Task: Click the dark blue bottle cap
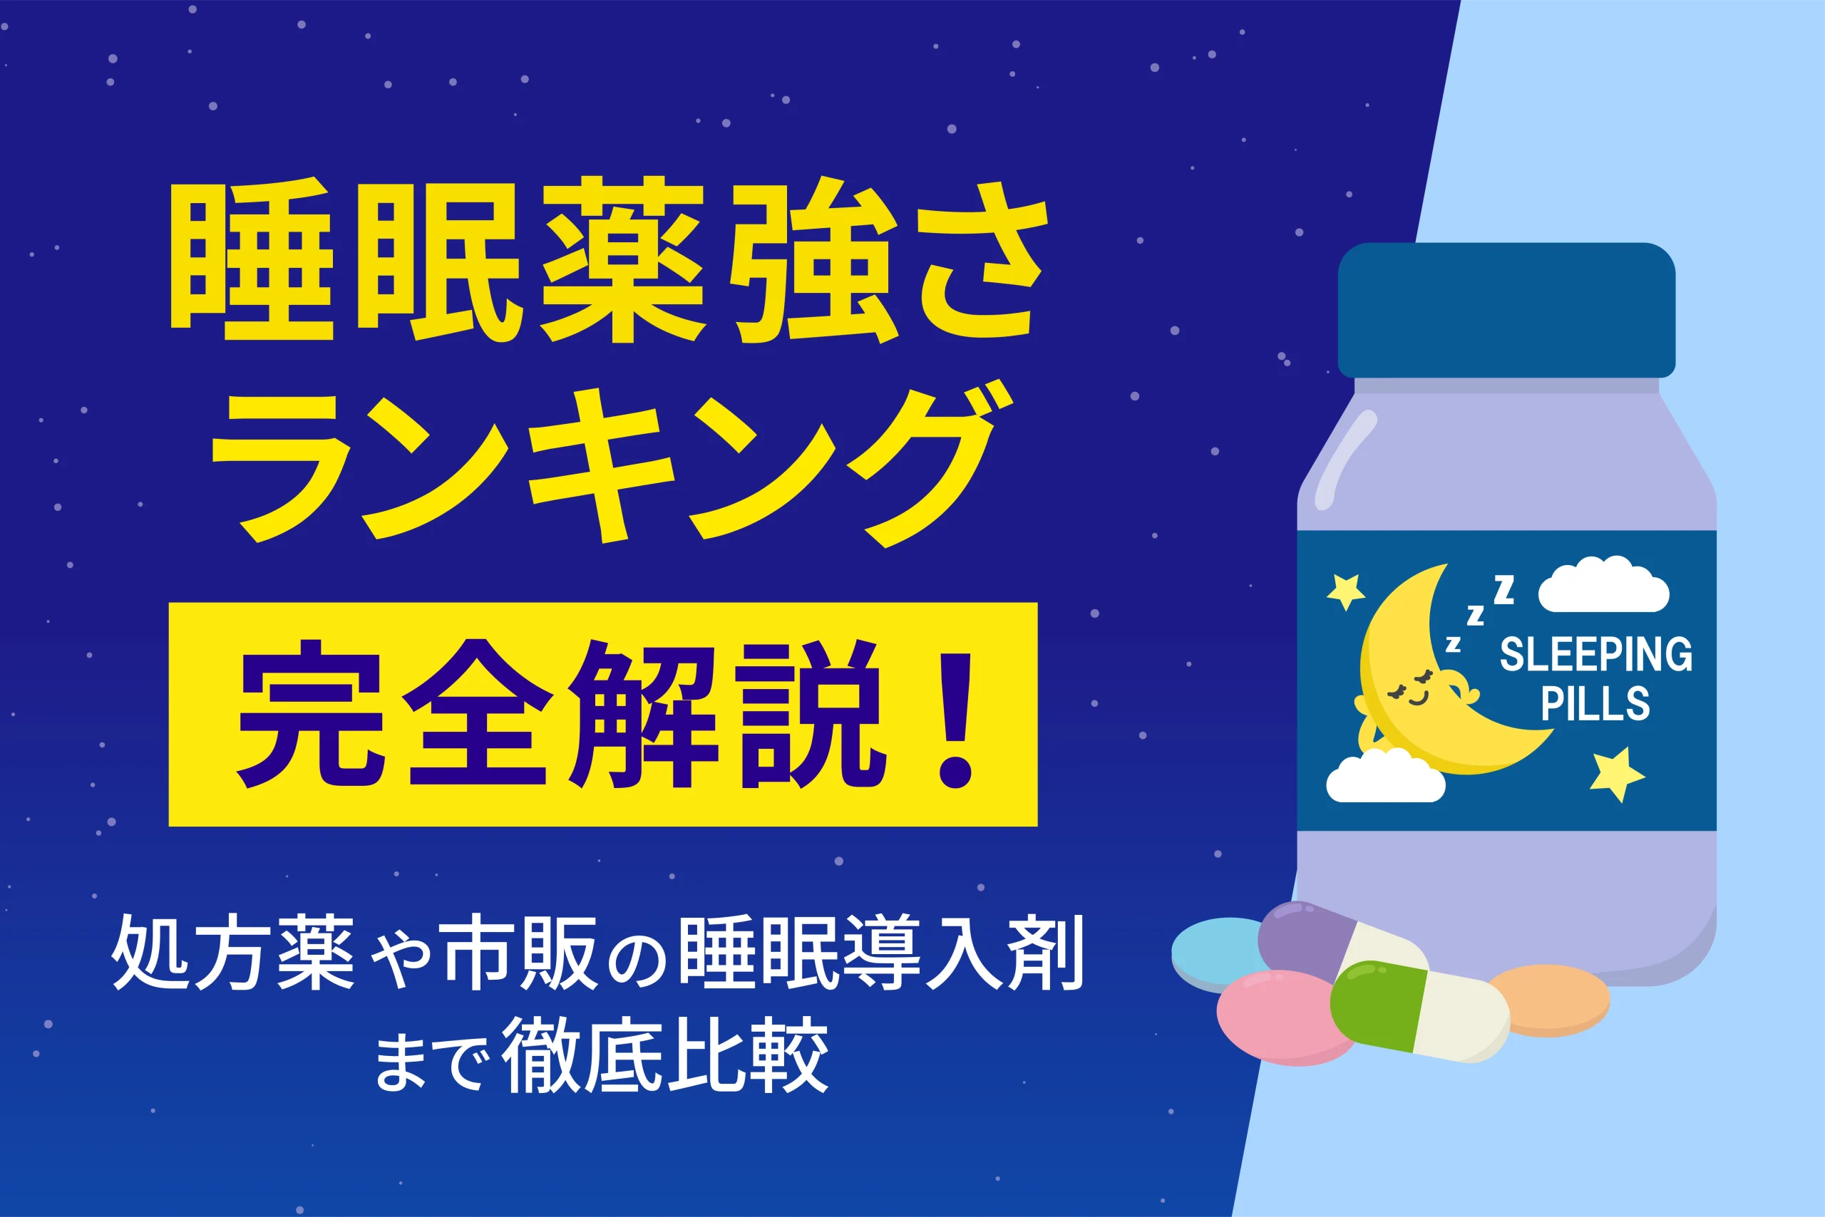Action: tap(1506, 311)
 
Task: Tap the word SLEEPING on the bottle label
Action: tap(1596, 654)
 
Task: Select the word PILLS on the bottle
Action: tap(1595, 704)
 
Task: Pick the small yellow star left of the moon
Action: tap(1345, 591)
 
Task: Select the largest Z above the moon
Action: tap(1504, 590)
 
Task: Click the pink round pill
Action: tap(1285, 1017)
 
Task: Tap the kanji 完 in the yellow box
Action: tap(312, 714)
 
